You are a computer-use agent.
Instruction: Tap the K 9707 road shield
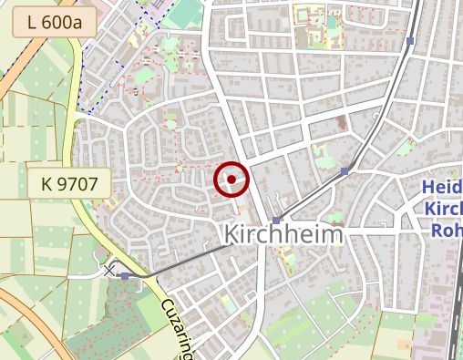[x=69, y=183]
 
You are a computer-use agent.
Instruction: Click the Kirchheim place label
[x=284, y=234]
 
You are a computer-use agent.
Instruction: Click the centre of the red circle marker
[x=231, y=179]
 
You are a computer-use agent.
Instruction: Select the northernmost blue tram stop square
[x=411, y=41]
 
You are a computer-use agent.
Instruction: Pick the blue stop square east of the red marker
[x=345, y=170]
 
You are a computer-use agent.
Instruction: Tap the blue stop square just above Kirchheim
[x=276, y=220]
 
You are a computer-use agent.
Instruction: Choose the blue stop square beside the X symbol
[x=125, y=275]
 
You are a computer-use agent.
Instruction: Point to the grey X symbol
[x=109, y=271]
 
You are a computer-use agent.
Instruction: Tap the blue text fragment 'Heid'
[x=442, y=189]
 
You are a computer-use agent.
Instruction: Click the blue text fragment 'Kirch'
[x=443, y=210]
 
